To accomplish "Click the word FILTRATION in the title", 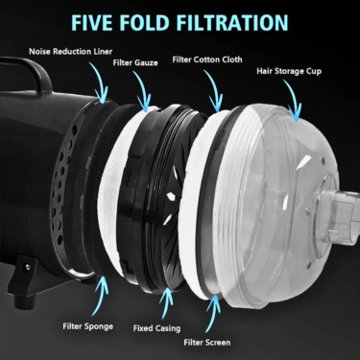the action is coord(232,22).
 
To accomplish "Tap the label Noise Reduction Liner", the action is coord(71,52).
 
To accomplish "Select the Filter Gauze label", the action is coord(135,62).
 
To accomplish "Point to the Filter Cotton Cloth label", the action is coord(207,60).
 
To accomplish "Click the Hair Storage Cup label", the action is coord(289,71).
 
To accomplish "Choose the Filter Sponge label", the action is coord(88,326).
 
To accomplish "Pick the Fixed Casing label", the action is coord(156,328).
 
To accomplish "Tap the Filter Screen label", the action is coord(207,343).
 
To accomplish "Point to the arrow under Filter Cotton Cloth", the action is coord(215,89).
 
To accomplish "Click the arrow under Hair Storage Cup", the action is coord(295,99).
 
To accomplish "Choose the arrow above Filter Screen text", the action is coord(212,315).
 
